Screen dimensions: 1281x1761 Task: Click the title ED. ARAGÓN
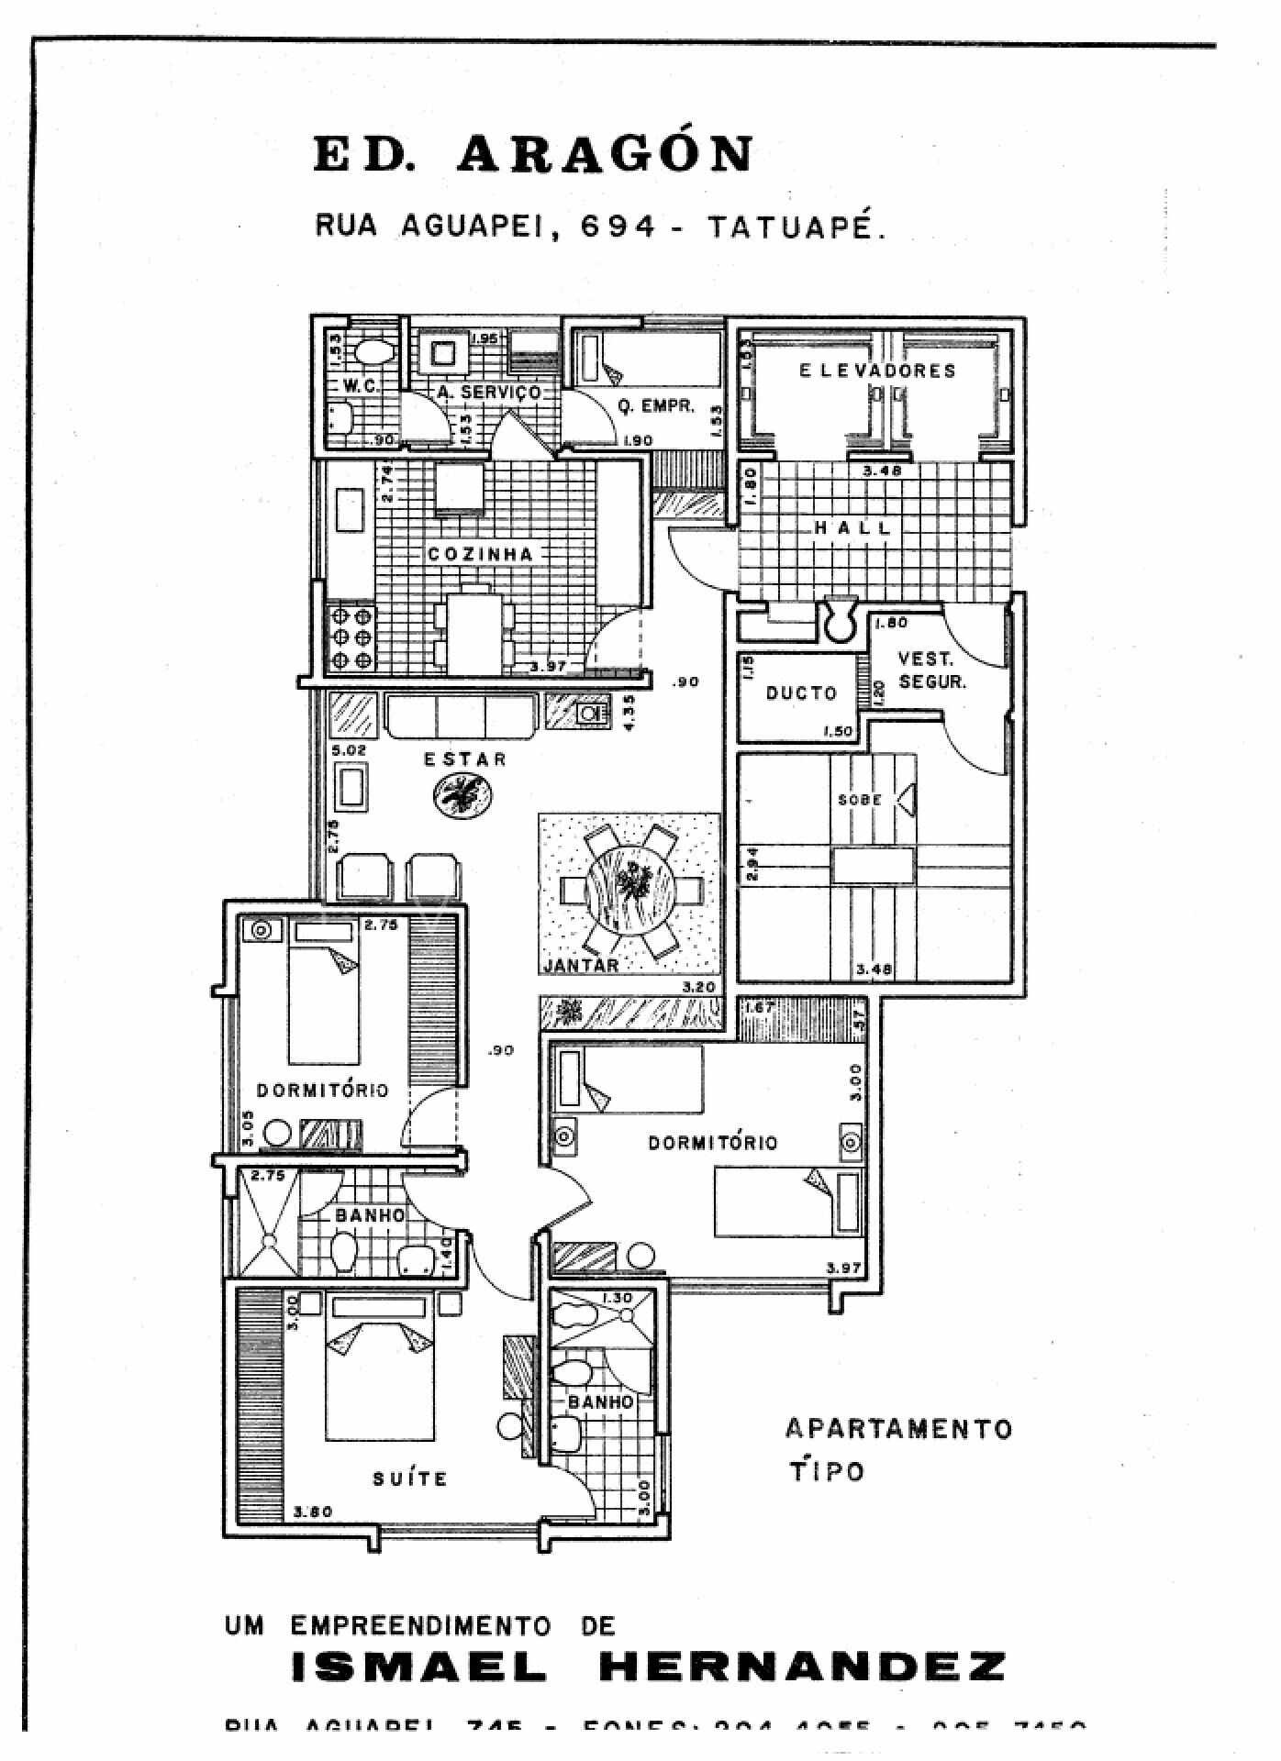tap(533, 153)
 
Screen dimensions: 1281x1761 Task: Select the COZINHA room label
tap(480, 554)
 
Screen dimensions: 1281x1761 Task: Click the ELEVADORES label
tap(877, 371)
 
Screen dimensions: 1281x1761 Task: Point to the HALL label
tap(852, 527)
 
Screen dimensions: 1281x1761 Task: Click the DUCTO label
tap(801, 693)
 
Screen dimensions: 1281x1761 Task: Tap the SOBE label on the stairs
tap(860, 800)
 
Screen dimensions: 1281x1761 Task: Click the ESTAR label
tap(464, 759)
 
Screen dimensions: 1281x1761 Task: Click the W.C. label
tap(362, 386)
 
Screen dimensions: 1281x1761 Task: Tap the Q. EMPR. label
tap(655, 405)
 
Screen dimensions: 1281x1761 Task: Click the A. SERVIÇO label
tap(489, 392)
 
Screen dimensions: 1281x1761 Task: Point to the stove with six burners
tap(352, 637)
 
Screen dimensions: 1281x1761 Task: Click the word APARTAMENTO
tap(898, 1429)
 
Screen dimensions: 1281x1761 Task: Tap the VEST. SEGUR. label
tap(931, 670)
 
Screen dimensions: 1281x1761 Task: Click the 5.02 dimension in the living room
tap(350, 750)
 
